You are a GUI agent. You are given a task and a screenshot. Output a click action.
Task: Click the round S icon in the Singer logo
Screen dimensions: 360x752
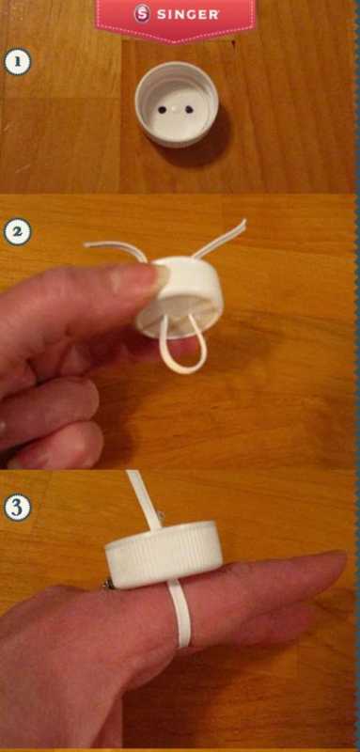(x=142, y=14)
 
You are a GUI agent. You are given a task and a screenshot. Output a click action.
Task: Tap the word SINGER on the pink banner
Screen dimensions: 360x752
(x=188, y=14)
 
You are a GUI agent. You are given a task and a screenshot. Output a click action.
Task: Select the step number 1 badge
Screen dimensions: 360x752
(x=17, y=62)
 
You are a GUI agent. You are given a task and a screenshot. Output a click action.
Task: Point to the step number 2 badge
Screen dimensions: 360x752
(x=17, y=232)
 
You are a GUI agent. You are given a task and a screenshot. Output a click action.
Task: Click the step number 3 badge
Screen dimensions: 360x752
(x=17, y=508)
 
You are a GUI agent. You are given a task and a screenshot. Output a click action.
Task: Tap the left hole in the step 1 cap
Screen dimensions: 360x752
(x=162, y=110)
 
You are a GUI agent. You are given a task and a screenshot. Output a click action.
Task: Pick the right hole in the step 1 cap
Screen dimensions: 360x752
(x=189, y=110)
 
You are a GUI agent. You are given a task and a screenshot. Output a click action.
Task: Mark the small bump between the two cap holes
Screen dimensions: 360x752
(x=176, y=109)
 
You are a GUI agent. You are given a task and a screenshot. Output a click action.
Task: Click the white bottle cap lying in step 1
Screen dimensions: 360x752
(x=177, y=103)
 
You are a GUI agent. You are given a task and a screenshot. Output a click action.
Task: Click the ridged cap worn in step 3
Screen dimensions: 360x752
(x=164, y=553)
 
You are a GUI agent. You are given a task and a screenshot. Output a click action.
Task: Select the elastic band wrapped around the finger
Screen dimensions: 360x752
(x=180, y=614)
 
